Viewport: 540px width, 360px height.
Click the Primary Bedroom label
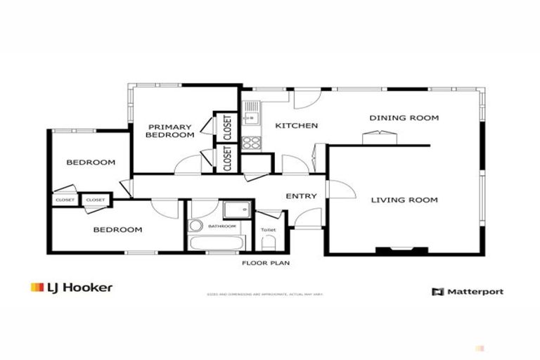coord(169,131)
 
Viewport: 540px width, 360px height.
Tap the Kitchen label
coord(296,126)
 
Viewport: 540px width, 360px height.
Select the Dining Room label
coord(404,117)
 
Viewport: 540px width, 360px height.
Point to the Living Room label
coord(404,200)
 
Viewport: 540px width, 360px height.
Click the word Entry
coord(301,196)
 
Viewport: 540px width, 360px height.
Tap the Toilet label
coord(268,230)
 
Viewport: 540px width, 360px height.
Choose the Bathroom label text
coord(222,226)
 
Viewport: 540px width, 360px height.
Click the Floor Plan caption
coord(266,264)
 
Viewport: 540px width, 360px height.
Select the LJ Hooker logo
coord(71,287)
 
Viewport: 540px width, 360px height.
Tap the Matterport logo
coord(468,291)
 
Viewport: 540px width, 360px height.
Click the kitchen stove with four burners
coord(251,143)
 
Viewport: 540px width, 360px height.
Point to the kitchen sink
coord(250,115)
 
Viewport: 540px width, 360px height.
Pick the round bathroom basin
coord(195,226)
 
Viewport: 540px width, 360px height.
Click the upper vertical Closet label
coord(227,128)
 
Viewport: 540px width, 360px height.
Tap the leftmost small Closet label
coord(65,200)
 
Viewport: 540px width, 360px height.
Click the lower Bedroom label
coord(118,229)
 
